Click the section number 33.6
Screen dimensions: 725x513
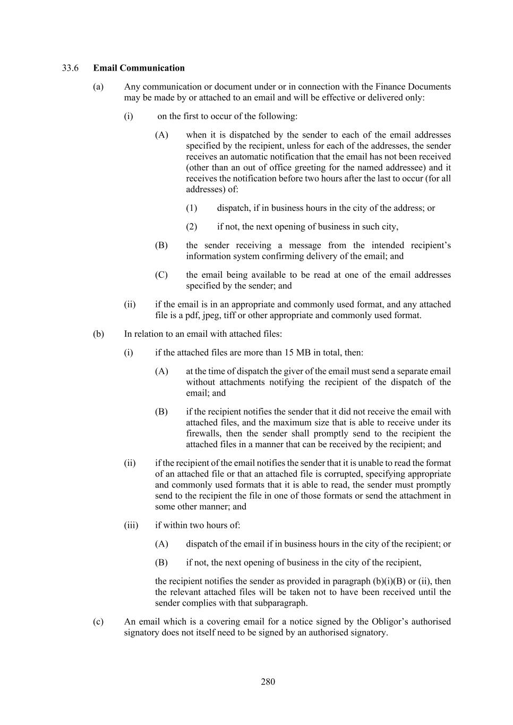pyautogui.click(x=70, y=68)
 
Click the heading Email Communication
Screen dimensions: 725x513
pyautogui.click(x=139, y=68)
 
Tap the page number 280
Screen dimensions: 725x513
pyautogui.click(x=268, y=682)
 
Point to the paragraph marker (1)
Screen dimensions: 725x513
pyautogui.click(x=191, y=208)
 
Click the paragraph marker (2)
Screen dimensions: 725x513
pyautogui.click(x=191, y=227)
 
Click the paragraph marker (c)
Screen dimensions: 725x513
pyautogui.click(x=98, y=621)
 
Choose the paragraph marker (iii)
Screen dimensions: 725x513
pyautogui.click(x=131, y=525)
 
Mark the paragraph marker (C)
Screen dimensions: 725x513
pyautogui.click(x=161, y=275)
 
